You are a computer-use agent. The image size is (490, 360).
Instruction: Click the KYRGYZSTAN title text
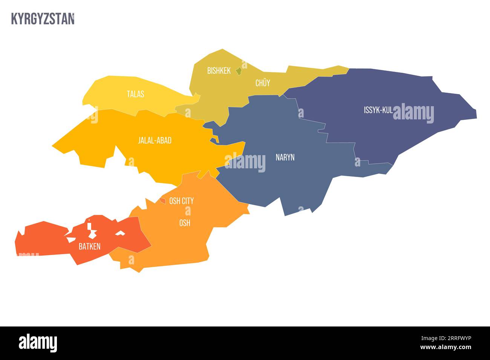43,19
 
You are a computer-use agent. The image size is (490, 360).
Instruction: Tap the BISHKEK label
219,70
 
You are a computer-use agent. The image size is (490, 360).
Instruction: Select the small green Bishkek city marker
238,70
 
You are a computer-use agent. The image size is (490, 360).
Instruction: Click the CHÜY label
263,83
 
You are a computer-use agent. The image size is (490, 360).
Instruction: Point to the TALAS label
135,94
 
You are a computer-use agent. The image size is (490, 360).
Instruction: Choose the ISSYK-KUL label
378,110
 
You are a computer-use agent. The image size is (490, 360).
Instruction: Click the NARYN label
285,157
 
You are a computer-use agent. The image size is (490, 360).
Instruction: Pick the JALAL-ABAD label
155,140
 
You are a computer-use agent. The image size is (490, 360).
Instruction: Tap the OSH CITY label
181,201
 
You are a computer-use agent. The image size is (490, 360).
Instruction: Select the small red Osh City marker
163,201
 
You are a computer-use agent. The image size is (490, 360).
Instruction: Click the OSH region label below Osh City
184,223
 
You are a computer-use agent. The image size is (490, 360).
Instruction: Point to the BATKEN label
89,247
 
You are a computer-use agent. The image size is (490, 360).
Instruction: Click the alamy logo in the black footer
38,343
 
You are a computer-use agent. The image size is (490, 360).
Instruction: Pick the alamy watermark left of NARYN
245,162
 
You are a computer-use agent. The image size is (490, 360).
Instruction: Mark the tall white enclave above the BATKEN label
90,230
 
